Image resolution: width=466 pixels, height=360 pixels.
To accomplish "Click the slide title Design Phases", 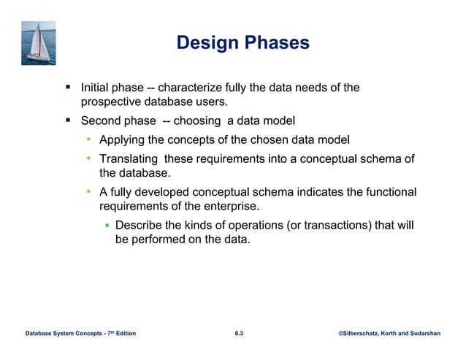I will [242, 43].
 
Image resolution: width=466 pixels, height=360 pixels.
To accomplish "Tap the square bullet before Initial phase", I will [67, 87].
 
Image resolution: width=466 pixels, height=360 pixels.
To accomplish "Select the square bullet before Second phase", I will [67, 120].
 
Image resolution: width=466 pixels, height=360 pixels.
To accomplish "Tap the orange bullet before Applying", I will [88, 139].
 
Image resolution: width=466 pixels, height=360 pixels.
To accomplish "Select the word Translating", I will [129, 158].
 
